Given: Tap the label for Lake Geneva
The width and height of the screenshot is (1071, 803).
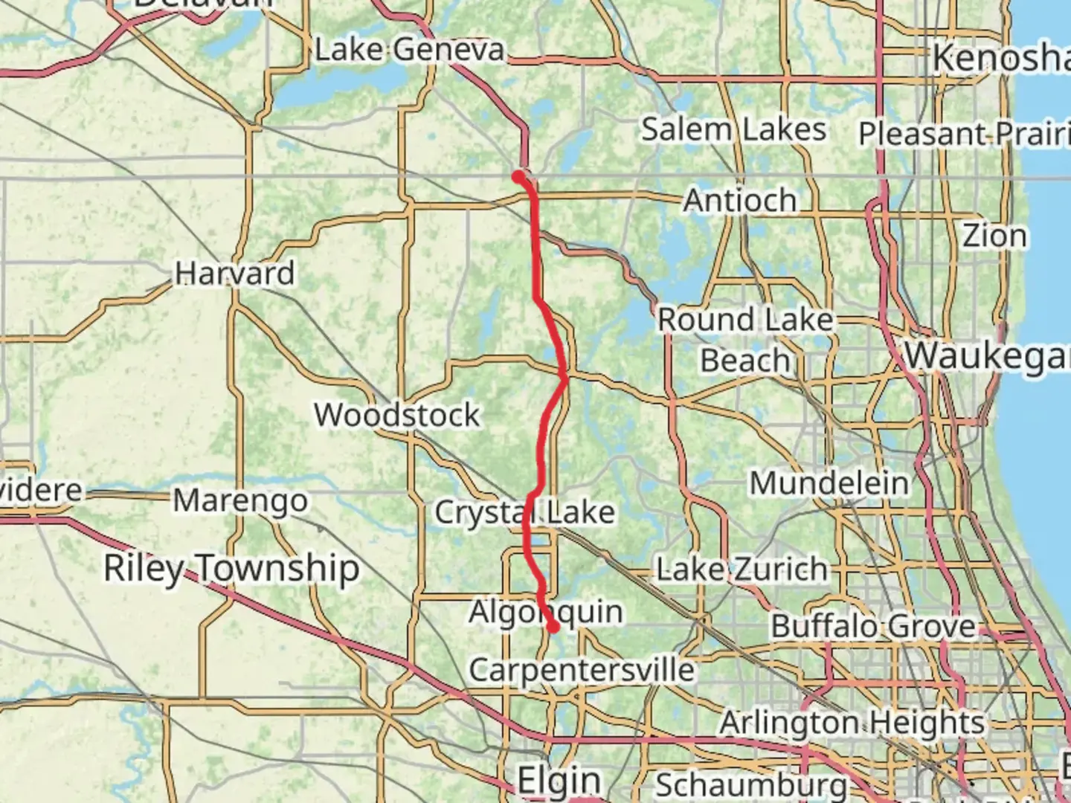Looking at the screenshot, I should [x=409, y=51].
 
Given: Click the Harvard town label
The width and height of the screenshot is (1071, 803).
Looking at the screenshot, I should [x=235, y=273].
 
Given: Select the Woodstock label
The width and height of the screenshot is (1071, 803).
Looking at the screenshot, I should [x=396, y=414].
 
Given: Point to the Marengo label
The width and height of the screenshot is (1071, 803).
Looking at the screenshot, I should [x=240, y=500].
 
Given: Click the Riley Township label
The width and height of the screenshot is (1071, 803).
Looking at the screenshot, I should [x=231, y=568].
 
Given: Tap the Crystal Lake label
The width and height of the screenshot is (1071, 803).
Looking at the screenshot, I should [x=524, y=512].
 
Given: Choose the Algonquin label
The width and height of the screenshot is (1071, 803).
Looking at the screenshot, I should [x=546, y=612].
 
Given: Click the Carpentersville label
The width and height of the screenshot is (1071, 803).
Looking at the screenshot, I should [x=582, y=670].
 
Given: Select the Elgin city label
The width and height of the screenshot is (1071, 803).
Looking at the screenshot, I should [x=559, y=781].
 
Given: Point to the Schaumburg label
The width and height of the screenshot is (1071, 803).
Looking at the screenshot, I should [x=751, y=785].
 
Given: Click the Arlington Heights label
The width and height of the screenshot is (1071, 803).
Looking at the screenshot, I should [x=852, y=722].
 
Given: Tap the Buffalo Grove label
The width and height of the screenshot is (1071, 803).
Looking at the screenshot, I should [x=872, y=626].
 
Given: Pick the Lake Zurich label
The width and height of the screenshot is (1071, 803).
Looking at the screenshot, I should [x=741, y=570].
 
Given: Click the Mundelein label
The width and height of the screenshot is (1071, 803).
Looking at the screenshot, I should [x=829, y=483].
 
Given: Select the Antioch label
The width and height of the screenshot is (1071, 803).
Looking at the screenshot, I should [x=739, y=200].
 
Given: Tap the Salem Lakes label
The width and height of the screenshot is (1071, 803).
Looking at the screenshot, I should [x=733, y=129].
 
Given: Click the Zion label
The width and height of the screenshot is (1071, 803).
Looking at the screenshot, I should [x=994, y=236].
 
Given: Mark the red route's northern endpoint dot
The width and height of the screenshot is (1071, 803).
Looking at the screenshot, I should [x=518, y=176].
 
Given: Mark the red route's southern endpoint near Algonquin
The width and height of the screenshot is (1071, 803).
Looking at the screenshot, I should [x=553, y=627].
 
